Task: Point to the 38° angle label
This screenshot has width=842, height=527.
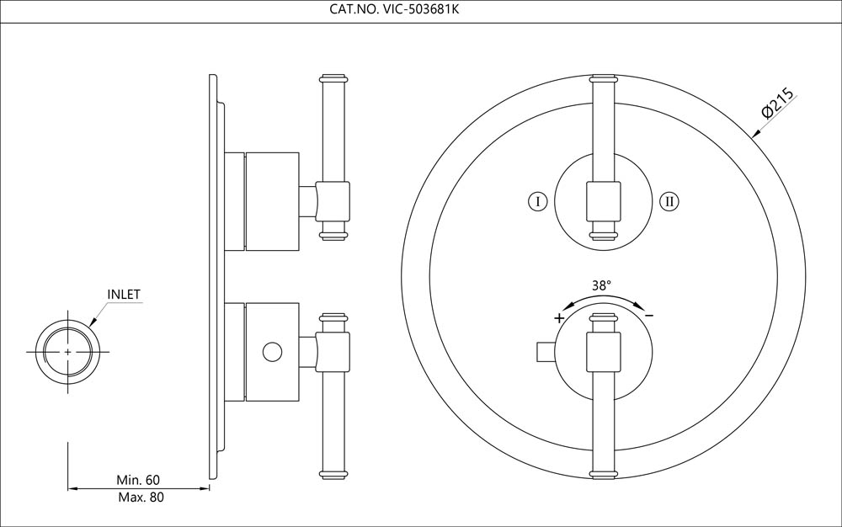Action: (600, 285)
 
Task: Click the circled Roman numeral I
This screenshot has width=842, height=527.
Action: (538, 201)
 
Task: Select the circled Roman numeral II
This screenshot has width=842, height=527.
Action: (669, 201)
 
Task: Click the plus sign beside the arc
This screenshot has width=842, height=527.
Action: (558, 317)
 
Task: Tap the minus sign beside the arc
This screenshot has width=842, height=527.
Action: (649, 315)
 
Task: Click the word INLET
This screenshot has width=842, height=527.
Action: (123, 295)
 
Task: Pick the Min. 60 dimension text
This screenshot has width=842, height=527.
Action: (138, 479)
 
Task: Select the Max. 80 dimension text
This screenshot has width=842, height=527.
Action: (138, 497)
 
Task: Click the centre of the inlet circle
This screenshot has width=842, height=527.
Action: (67, 350)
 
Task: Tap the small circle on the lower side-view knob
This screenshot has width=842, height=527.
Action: (271, 351)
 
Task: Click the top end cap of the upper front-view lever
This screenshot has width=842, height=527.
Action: (604, 80)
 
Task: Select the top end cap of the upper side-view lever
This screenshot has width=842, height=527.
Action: (334, 80)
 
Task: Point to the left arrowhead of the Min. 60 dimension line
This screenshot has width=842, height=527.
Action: (71, 487)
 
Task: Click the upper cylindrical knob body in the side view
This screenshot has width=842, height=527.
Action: (272, 201)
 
